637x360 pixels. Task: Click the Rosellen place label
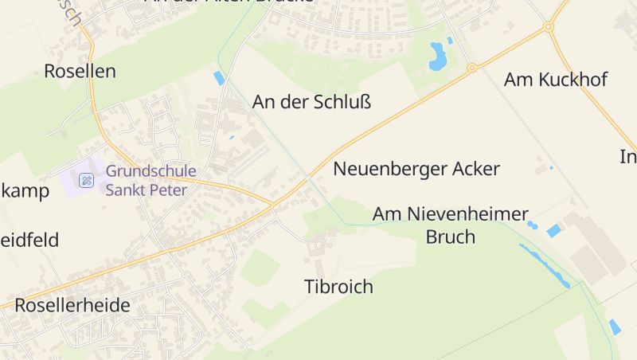pyautogui.click(x=80, y=71)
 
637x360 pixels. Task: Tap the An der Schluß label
pyautogui.click(x=312, y=102)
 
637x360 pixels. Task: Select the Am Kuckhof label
pyautogui.click(x=556, y=80)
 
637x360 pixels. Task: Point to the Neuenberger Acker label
pyautogui.click(x=416, y=169)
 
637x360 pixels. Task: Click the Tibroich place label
pyautogui.click(x=338, y=287)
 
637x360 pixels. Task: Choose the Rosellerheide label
pyautogui.click(x=72, y=305)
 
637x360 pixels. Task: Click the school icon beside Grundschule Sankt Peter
pyautogui.click(x=87, y=180)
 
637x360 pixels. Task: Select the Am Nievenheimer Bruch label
pyautogui.click(x=451, y=225)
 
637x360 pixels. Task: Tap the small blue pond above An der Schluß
pyautogui.click(x=219, y=77)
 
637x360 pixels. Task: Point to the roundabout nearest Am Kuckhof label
pyautogui.click(x=471, y=68)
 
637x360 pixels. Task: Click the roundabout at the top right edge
pyautogui.click(x=548, y=27)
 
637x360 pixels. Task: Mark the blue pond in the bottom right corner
pyautogui.click(x=615, y=327)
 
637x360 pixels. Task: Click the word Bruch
pyautogui.click(x=451, y=237)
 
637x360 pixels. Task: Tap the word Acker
pyautogui.click(x=475, y=169)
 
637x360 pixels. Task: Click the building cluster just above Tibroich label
pyautogui.click(x=320, y=243)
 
